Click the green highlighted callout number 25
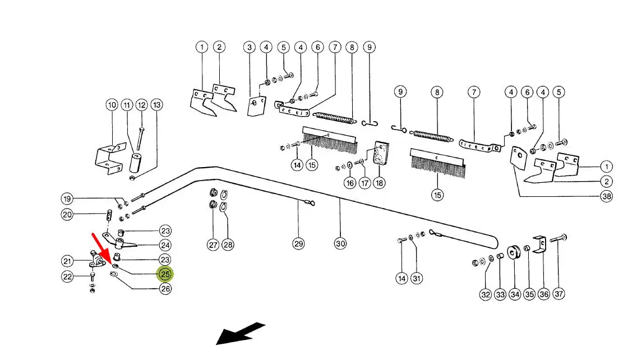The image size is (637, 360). pyautogui.click(x=165, y=274)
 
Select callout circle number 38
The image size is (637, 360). pyautogui.click(x=606, y=196)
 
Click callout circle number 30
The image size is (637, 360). pyautogui.click(x=340, y=243)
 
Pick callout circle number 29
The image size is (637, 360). pyautogui.click(x=298, y=243)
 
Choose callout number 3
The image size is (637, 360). pyautogui.click(x=250, y=47)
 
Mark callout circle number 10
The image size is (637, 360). pyautogui.click(x=112, y=105)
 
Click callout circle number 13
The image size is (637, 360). pyautogui.click(x=156, y=105)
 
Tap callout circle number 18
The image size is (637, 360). pyautogui.click(x=380, y=183)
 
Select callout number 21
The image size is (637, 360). pyautogui.click(x=68, y=261)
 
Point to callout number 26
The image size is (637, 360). pyautogui.click(x=165, y=289)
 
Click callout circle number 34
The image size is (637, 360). pyautogui.click(x=515, y=294)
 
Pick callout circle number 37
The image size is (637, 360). pyautogui.click(x=558, y=294)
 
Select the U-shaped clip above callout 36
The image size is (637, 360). pyautogui.click(x=539, y=244)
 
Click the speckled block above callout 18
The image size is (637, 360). pyautogui.click(x=381, y=153)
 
